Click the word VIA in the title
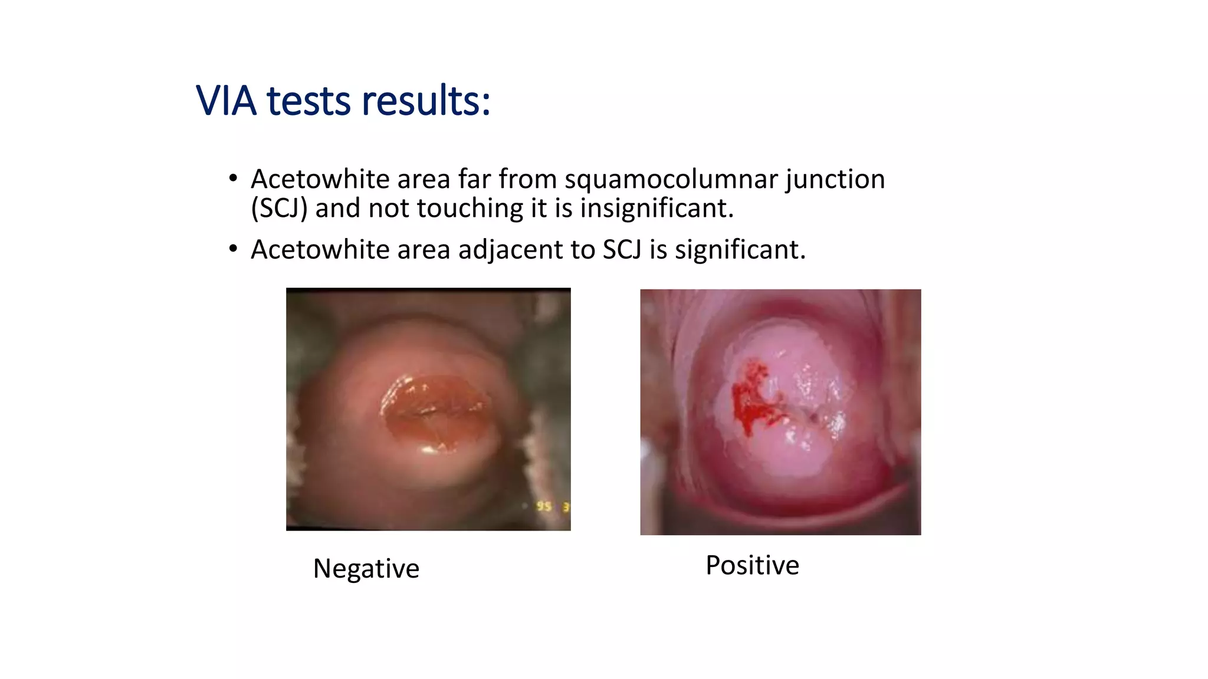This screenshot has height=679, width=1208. (x=226, y=101)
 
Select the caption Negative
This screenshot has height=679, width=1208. (x=366, y=569)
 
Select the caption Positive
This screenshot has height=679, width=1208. (x=752, y=565)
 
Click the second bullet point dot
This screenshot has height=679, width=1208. (x=234, y=249)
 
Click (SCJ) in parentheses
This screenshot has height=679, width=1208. (x=279, y=209)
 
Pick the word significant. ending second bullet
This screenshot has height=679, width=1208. (x=740, y=250)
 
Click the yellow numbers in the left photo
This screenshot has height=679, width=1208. (x=552, y=506)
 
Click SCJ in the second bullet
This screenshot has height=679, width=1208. (x=622, y=250)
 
